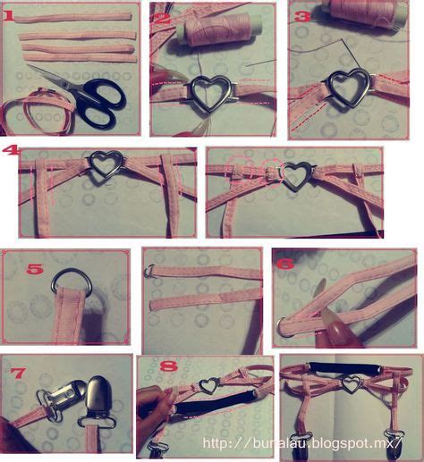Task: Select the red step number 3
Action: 301,16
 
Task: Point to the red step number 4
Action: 10,152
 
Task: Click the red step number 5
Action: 34,268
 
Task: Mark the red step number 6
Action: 285,265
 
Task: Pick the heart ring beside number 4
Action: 106,164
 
